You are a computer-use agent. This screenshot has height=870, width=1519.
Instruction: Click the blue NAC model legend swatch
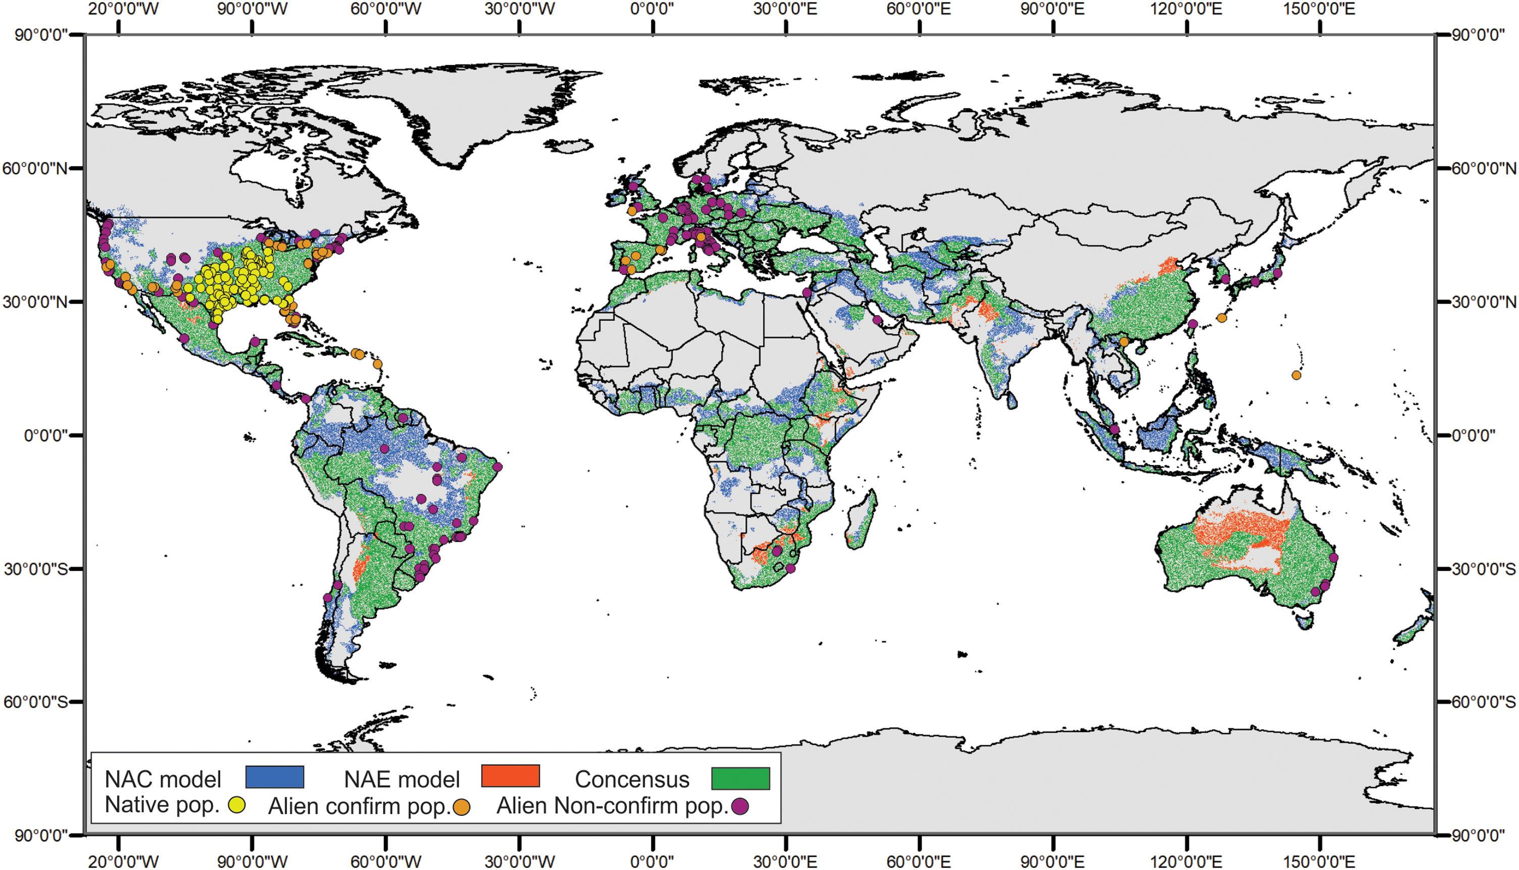[275, 776]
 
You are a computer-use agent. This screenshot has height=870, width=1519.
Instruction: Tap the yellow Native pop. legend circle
[238, 804]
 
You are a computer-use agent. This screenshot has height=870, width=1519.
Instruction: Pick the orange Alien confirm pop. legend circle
[462, 807]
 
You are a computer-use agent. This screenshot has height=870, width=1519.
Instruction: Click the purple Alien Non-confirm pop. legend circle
[740, 806]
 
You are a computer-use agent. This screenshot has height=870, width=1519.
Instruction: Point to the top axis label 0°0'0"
[656, 10]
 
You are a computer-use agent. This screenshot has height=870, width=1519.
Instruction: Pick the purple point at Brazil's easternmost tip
[497, 467]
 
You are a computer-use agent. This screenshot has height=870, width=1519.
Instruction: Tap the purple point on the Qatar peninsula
[877, 320]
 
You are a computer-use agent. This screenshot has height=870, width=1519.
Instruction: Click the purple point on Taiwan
[1193, 324]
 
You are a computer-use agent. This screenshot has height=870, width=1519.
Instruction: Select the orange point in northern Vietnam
[1124, 342]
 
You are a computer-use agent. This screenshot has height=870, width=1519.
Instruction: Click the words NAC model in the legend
[163, 779]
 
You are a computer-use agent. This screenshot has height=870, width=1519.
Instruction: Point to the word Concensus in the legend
[632, 779]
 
